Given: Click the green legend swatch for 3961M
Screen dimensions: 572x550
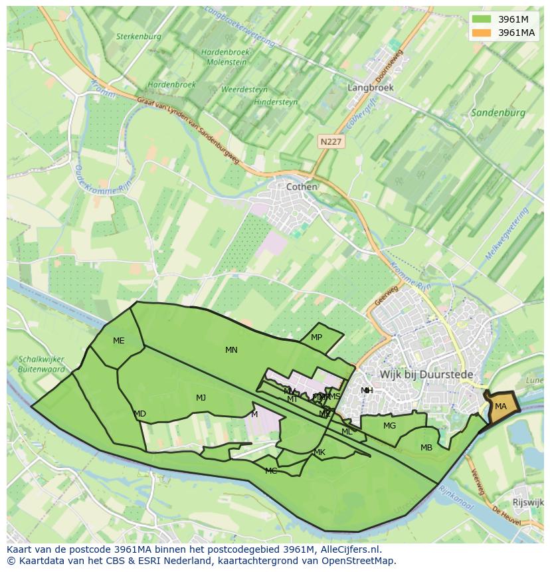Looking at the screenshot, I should [x=482, y=19].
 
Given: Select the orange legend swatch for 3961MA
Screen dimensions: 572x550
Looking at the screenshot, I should [x=482, y=33].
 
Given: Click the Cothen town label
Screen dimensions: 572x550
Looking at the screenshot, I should [x=302, y=187].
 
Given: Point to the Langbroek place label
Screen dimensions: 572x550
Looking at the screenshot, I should [x=371, y=87].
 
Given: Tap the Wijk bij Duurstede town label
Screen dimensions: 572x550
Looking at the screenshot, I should [x=426, y=375].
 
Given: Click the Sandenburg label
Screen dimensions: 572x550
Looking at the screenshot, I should [x=498, y=113].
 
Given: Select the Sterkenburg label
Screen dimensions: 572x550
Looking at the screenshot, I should [x=138, y=37].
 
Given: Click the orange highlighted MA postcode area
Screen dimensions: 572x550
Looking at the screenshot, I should [x=502, y=407].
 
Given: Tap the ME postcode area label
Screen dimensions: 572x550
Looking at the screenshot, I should [x=118, y=341].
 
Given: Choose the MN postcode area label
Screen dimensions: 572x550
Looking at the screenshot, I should [x=231, y=350].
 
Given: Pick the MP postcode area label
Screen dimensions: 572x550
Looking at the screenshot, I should [x=316, y=337].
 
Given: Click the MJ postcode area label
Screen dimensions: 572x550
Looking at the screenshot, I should [x=201, y=398].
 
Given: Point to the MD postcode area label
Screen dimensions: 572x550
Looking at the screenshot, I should [x=139, y=414].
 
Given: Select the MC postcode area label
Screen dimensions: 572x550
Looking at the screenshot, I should [x=271, y=471].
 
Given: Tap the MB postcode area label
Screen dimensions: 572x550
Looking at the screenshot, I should [x=426, y=448].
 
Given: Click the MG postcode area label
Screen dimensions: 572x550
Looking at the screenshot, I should [x=389, y=426].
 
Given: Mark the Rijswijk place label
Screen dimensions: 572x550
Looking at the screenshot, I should [x=529, y=502].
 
